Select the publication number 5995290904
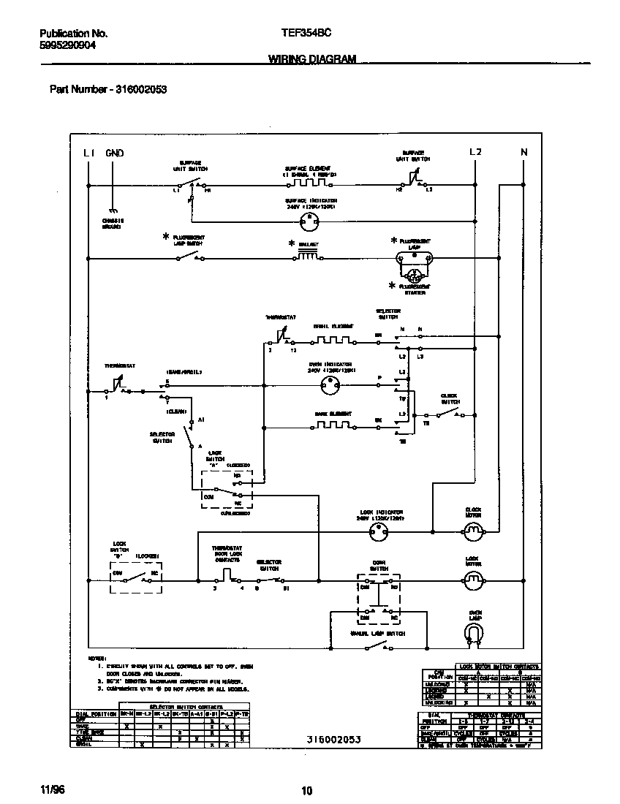click(x=67, y=45)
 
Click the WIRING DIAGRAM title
click(x=312, y=59)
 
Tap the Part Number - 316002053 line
click(x=108, y=89)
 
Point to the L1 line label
click(x=88, y=153)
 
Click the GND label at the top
click(x=115, y=153)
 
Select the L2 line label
click(x=475, y=152)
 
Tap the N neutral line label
click(x=523, y=152)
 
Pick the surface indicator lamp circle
click(x=311, y=218)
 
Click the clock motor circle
click(x=475, y=530)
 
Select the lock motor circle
click(x=475, y=580)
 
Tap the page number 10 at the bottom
click(x=307, y=790)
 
